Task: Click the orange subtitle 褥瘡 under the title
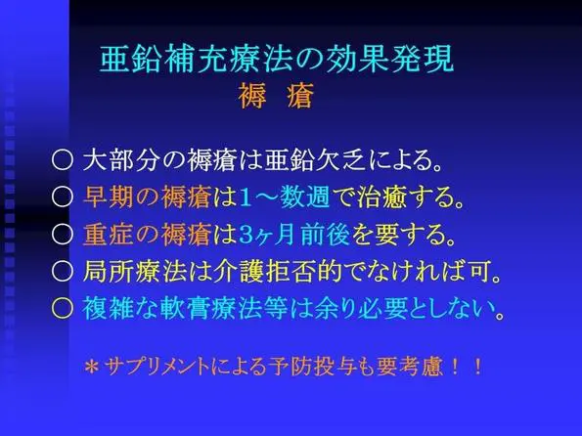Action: pyautogui.click(x=276, y=96)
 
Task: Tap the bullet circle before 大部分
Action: pyautogui.click(x=62, y=160)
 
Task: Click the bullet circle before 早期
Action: pyautogui.click(x=62, y=196)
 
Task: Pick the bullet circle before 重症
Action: pyautogui.click(x=62, y=235)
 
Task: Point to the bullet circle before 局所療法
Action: pyautogui.click(x=62, y=271)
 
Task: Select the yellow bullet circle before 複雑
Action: pyautogui.click(x=62, y=308)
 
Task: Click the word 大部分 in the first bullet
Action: pyautogui.click(x=121, y=160)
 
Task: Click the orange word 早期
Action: pyautogui.click(x=108, y=196)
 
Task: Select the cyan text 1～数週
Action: pyautogui.click(x=285, y=196)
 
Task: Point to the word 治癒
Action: pyautogui.click(x=381, y=196)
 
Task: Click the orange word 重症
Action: pyautogui.click(x=108, y=235)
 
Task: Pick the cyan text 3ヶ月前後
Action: pyautogui.click(x=294, y=235)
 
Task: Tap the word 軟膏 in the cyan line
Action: pyautogui.click(x=185, y=308)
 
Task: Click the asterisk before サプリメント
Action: pyautogui.click(x=91, y=367)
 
